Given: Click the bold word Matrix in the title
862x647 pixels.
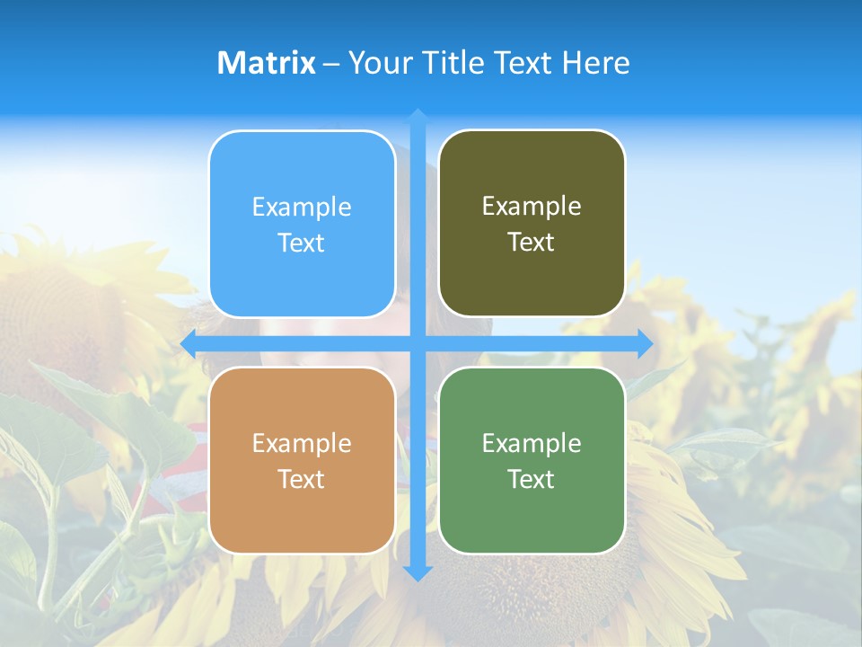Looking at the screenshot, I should point(266,63).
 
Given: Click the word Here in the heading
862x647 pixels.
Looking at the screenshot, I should point(595,63).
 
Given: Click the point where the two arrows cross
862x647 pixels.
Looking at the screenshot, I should point(418,343).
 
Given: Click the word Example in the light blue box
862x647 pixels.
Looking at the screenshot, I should point(302,208).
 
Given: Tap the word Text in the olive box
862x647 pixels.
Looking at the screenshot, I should point(532,243).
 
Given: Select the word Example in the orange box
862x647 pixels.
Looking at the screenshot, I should point(302,443).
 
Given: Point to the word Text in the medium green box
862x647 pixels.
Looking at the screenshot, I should point(532,479).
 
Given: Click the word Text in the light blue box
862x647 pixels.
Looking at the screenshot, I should point(302,244).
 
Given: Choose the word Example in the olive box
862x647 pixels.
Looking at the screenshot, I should point(532,207).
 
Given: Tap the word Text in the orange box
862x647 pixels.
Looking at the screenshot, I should point(302,479).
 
